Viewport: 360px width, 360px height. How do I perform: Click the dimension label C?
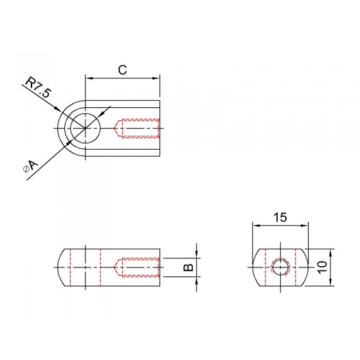click(x=122, y=70)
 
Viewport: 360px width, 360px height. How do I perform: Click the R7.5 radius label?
click(x=37, y=88)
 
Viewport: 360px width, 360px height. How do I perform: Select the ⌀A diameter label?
click(x=30, y=166)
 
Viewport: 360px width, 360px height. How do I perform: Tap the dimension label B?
click(x=189, y=267)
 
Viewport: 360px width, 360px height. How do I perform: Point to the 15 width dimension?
click(x=280, y=217)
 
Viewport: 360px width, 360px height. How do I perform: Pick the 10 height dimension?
click(x=322, y=267)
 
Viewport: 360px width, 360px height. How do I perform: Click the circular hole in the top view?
click(x=85, y=128)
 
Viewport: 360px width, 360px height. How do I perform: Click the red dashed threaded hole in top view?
click(x=137, y=128)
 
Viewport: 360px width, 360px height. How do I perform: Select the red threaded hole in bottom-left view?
click(x=137, y=267)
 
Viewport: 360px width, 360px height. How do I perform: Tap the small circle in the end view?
click(x=280, y=267)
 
